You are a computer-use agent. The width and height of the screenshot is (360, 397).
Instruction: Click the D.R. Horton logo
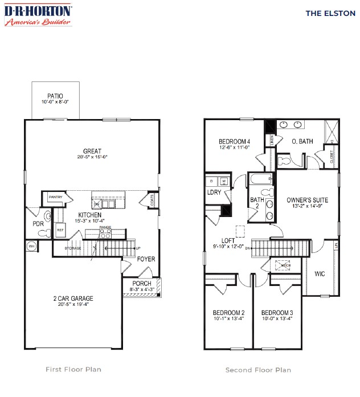tap(38, 15)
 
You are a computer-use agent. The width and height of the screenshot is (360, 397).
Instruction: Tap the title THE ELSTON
tap(322, 13)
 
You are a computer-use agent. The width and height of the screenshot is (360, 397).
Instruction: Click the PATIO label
tap(55, 96)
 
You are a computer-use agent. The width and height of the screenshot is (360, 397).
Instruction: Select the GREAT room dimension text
tap(91, 157)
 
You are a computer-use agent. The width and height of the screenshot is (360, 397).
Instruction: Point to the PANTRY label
tap(55, 197)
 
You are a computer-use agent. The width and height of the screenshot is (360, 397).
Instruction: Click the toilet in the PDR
tap(48, 216)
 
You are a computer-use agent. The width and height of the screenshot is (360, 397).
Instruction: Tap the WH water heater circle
tap(31, 245)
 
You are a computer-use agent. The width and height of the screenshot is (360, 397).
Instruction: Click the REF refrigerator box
tap(60, 230)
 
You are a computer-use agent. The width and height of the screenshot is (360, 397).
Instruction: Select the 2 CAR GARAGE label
tap(73, 298)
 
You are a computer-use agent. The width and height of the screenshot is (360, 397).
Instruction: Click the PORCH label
tap(142, 283)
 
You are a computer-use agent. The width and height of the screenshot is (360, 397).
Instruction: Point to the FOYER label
tap(146, 259)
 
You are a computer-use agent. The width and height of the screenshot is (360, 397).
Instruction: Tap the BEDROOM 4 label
tap(234, 142)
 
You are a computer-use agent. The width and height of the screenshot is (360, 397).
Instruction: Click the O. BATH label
tap(302, 141)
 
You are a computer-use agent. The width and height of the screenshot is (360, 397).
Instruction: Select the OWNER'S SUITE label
tap(307, 200)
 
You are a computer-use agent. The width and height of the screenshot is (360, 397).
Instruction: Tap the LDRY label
tap(215, 192)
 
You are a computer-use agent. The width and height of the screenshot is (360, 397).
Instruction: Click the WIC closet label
tap(320, 273)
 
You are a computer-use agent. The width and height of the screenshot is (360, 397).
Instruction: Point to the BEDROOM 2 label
tap(228, 313)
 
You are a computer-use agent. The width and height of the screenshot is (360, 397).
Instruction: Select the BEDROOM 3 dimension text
tap(277, 320)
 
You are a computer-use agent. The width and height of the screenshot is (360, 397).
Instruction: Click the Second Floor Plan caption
tap(258, 370)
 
